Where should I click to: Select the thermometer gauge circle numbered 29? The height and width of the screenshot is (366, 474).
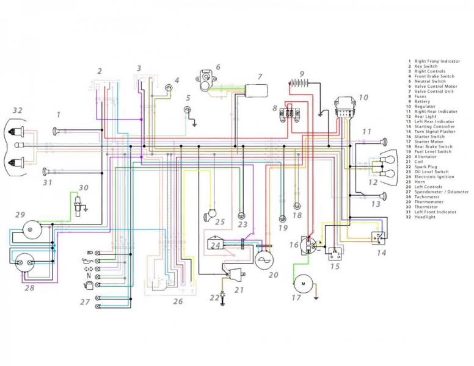point(29,228)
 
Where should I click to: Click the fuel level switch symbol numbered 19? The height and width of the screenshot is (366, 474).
point(282,218)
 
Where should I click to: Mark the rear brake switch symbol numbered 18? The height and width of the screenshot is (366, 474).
point(297,206)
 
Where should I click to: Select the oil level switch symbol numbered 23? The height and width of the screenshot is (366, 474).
point(242,216)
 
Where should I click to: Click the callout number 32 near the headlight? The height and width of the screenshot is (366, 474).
point(17,110)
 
